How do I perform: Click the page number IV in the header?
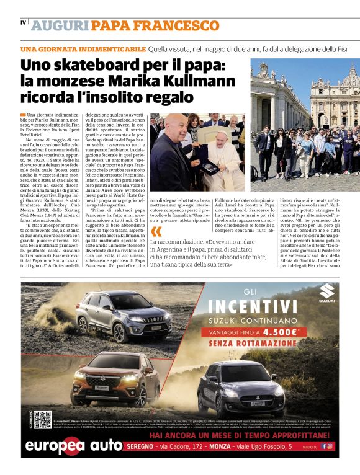[x=23, y=24]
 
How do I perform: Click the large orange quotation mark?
[x=156, y=231]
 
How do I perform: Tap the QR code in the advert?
[x=42, y=420]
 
